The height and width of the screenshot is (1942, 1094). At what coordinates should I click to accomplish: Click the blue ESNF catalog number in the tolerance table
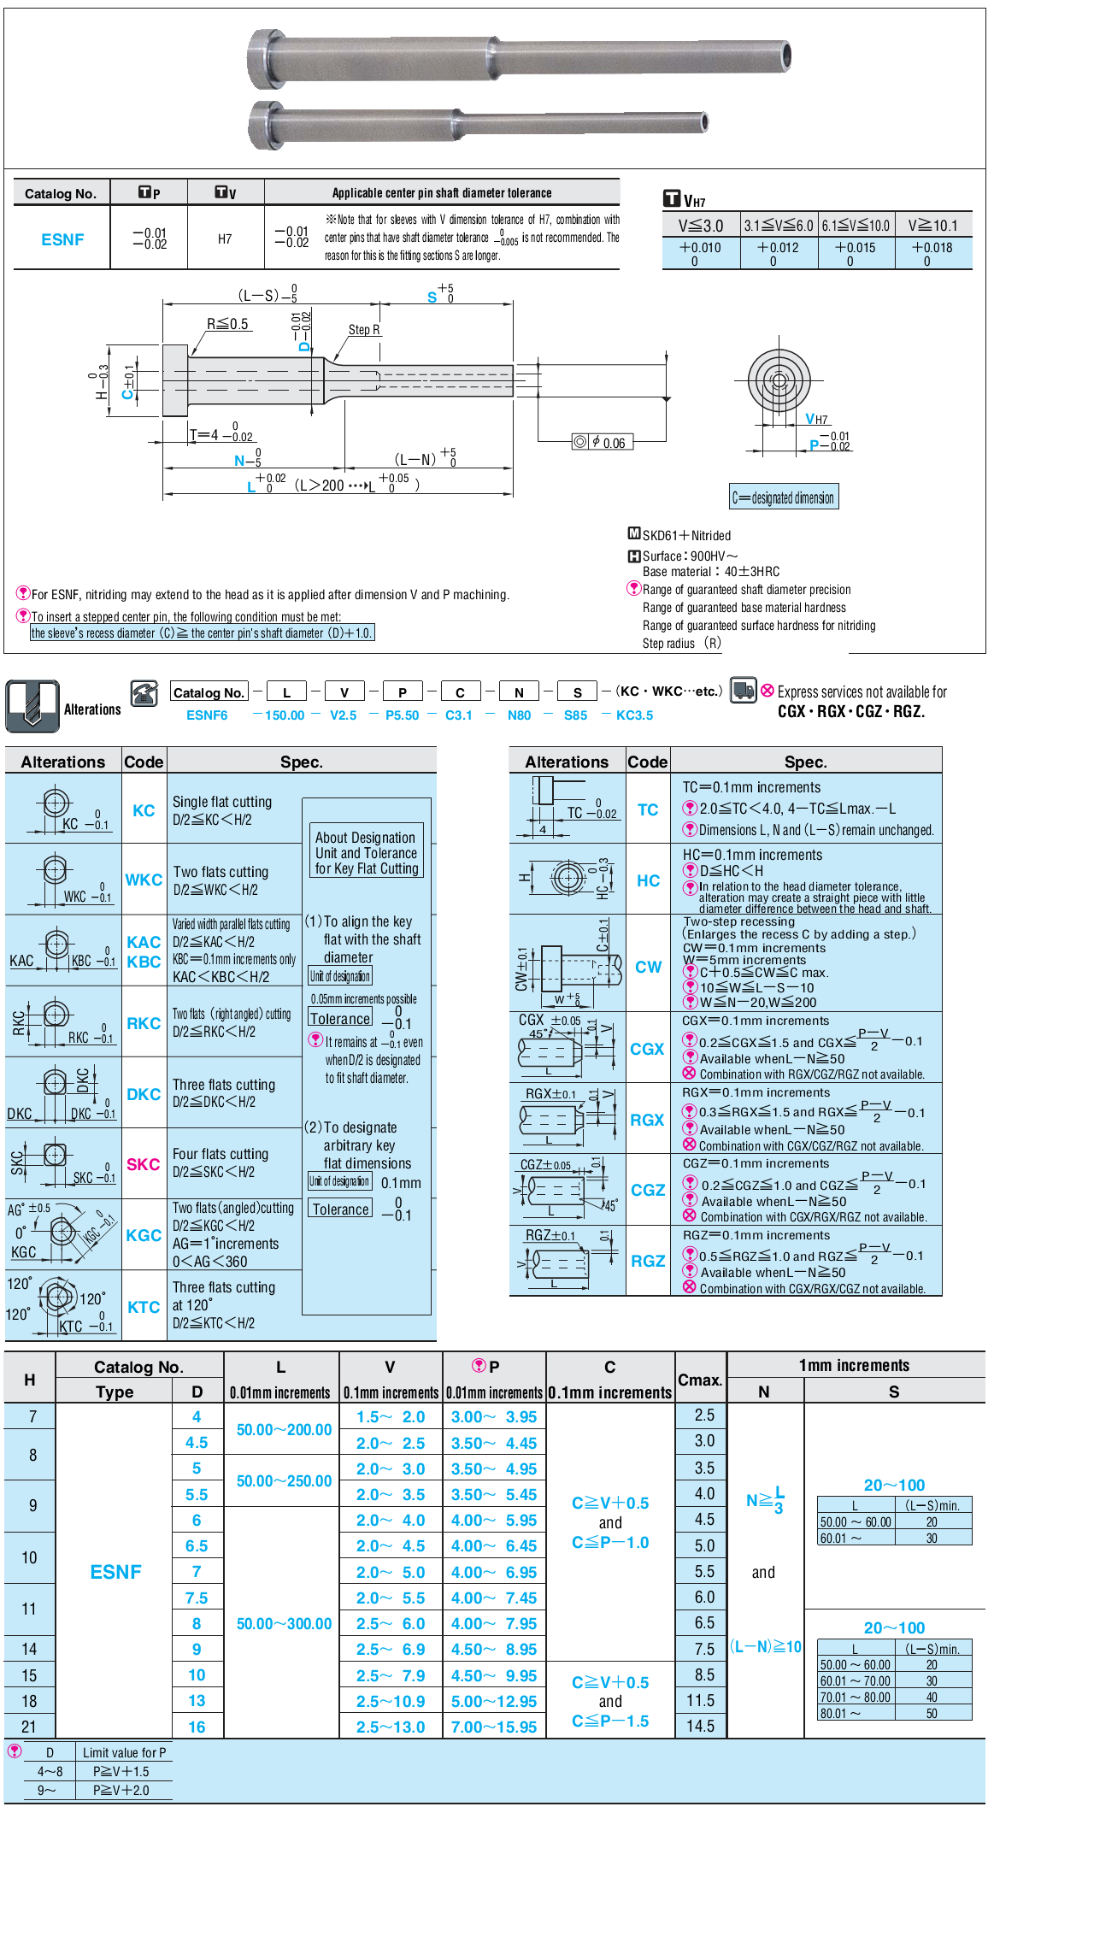coord(62,240)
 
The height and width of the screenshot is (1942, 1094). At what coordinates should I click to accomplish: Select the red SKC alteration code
coord(144,1164)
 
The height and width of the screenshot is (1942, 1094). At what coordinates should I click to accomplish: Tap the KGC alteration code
coord(144,1235)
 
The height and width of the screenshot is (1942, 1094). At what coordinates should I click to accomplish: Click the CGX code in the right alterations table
coord(647,1049)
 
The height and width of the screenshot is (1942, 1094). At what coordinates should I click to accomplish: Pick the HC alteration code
coord(648,880)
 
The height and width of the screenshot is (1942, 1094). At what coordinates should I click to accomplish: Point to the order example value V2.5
coord(344,715)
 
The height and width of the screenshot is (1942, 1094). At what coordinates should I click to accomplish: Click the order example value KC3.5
coord(634,715)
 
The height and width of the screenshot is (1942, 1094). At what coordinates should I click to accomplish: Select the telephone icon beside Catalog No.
coord(144,692)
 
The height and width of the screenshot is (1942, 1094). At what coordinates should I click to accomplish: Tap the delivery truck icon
coord(743,690)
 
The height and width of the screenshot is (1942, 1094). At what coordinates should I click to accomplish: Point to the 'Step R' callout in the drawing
coord(364,330)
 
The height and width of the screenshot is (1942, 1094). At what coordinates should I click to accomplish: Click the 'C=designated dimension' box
coord(784,497)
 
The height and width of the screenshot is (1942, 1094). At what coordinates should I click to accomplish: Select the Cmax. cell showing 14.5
coord(700,1727)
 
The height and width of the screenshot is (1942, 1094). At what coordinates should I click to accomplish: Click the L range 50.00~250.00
coord(284,1481)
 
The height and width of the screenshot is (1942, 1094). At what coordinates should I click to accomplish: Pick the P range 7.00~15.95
coord(494,1727)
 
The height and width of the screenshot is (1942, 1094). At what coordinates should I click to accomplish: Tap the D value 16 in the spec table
coord(197,1727)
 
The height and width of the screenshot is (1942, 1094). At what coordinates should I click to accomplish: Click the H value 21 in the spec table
coord(29,1727)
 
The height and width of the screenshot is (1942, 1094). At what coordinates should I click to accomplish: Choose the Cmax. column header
coord(700,1380)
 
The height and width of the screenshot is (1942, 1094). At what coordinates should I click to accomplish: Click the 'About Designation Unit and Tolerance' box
coord(367,853)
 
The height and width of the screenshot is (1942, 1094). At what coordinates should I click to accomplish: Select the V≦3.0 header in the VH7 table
coord(701,226)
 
